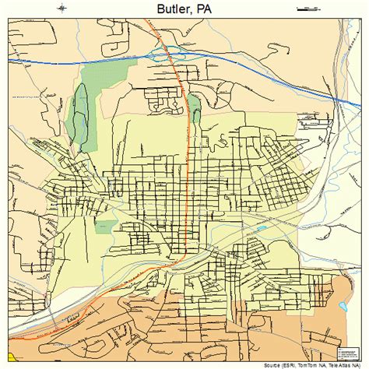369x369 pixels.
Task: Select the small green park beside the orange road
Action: pos(195,109)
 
